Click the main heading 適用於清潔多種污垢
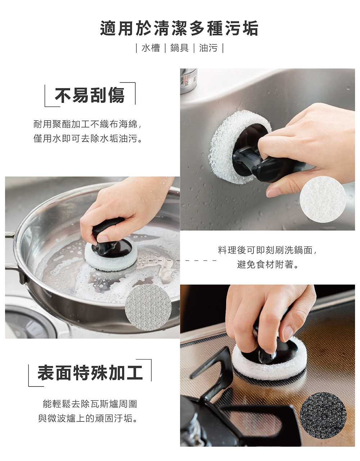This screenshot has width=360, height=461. tap(179, 29)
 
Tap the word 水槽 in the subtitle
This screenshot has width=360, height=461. tap(151, 48)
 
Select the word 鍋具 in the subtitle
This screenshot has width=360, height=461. tap(179, 48)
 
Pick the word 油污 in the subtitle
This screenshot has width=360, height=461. tap(208, 48)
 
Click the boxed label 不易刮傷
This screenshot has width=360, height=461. tap(90, 95)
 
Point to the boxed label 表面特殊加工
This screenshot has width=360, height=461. tap(90, 372)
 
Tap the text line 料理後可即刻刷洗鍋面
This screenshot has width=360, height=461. tap(268, 250)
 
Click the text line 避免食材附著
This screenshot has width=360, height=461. tap(268, 265)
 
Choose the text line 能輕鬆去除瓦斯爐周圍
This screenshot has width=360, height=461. tap(90, 404)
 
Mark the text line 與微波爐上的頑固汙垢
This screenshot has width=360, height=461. tap(88, 418)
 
